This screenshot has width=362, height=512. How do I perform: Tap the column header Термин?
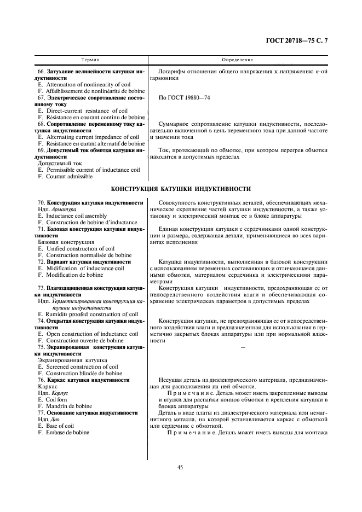(x=90, y=59)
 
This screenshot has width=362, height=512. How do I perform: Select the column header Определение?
(x=237, y=59)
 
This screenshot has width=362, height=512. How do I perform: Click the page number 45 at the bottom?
(x=180, y=467)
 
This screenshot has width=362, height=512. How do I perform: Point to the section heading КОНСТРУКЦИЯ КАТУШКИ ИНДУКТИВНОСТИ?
(x=181, y=189)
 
